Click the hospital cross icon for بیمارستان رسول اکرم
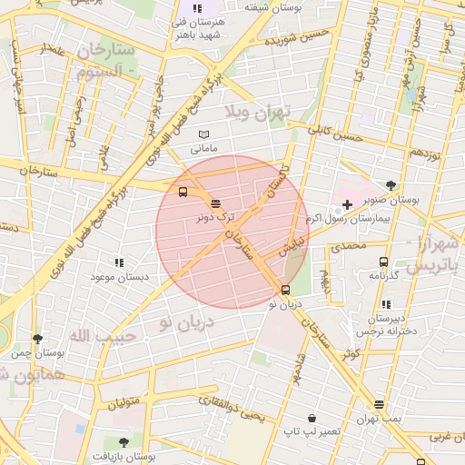tap(347, 204)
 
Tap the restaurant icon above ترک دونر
tap(215, 204)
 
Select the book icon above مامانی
tap(203, 134)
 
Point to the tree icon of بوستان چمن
tap(37, 338)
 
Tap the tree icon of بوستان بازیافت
tap(124, 442)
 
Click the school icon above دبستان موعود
tap(117, 262)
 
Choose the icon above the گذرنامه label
tap(383, 262)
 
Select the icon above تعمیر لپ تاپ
tap(312, 418)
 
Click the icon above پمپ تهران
tap(379, 404)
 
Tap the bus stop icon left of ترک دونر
tap(183, 193)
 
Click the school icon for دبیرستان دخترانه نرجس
tap(385, 305)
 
